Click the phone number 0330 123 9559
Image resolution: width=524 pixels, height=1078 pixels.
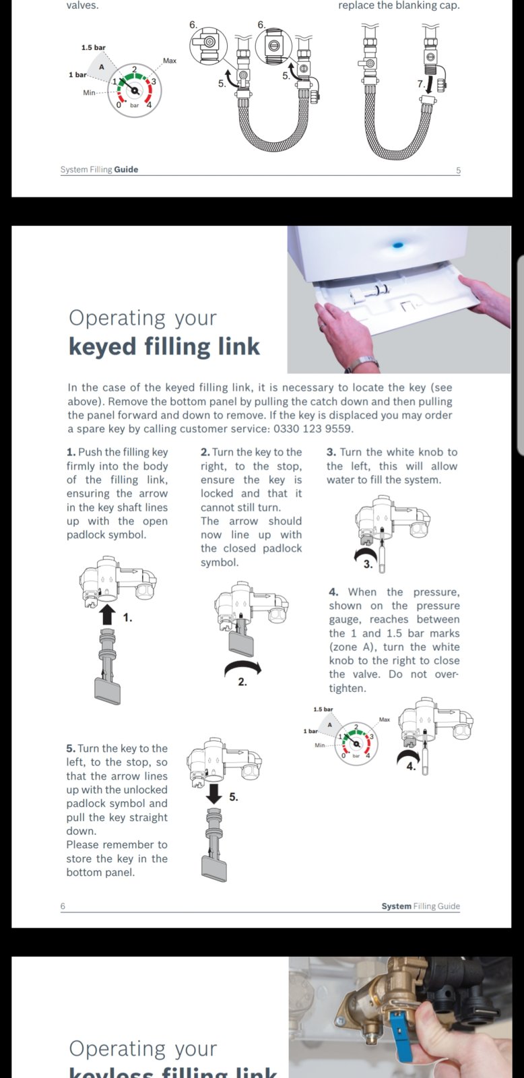(x=313, y=429)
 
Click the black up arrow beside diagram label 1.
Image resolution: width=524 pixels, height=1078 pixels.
(x=107, y=614)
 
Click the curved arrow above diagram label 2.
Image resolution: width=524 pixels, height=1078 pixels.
(x=242, y=667)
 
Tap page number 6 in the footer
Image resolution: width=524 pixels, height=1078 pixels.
(x=63, y=906)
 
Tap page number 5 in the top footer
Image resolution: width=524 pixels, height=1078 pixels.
(x=459, y=170)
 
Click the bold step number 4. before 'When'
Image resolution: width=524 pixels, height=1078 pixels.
(x=333, y=592)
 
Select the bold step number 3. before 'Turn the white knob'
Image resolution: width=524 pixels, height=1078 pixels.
(x=331, y=452)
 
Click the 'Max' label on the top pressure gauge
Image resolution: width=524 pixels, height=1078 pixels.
(x=170, y=61)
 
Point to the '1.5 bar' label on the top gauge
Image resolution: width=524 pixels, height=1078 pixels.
(x=94, y=48)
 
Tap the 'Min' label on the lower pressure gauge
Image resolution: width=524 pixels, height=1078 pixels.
(x=320, y=744)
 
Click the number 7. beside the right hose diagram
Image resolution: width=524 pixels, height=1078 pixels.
(x=421, y=84)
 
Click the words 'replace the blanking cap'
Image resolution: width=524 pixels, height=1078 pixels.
(x=399, y=5)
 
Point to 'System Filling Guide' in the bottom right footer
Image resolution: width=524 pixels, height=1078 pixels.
(x=420, y=906)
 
